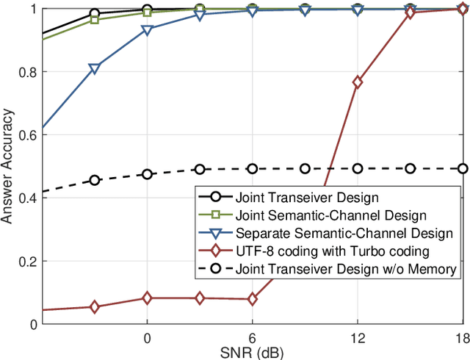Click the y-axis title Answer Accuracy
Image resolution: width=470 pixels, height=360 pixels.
pyautogui.click(x=11, y=167)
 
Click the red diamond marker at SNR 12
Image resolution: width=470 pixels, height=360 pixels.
pyautogui.click(x=358, y=83)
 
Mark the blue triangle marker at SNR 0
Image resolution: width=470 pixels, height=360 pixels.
pyautogui.click(x=147, y=30)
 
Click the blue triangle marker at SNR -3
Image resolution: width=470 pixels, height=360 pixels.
pyautogui.click(x=94, y=69)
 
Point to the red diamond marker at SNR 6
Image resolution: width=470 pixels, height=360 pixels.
pyautogui.click(x=253, y=299)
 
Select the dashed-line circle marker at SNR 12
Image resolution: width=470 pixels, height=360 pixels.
pyautogui.click(x=358, y=168)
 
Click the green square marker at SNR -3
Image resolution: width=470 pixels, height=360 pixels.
pyautogui.click(x=94, y=19)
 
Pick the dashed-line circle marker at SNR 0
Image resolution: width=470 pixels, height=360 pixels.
pyautogui.click(x=147, y=174)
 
